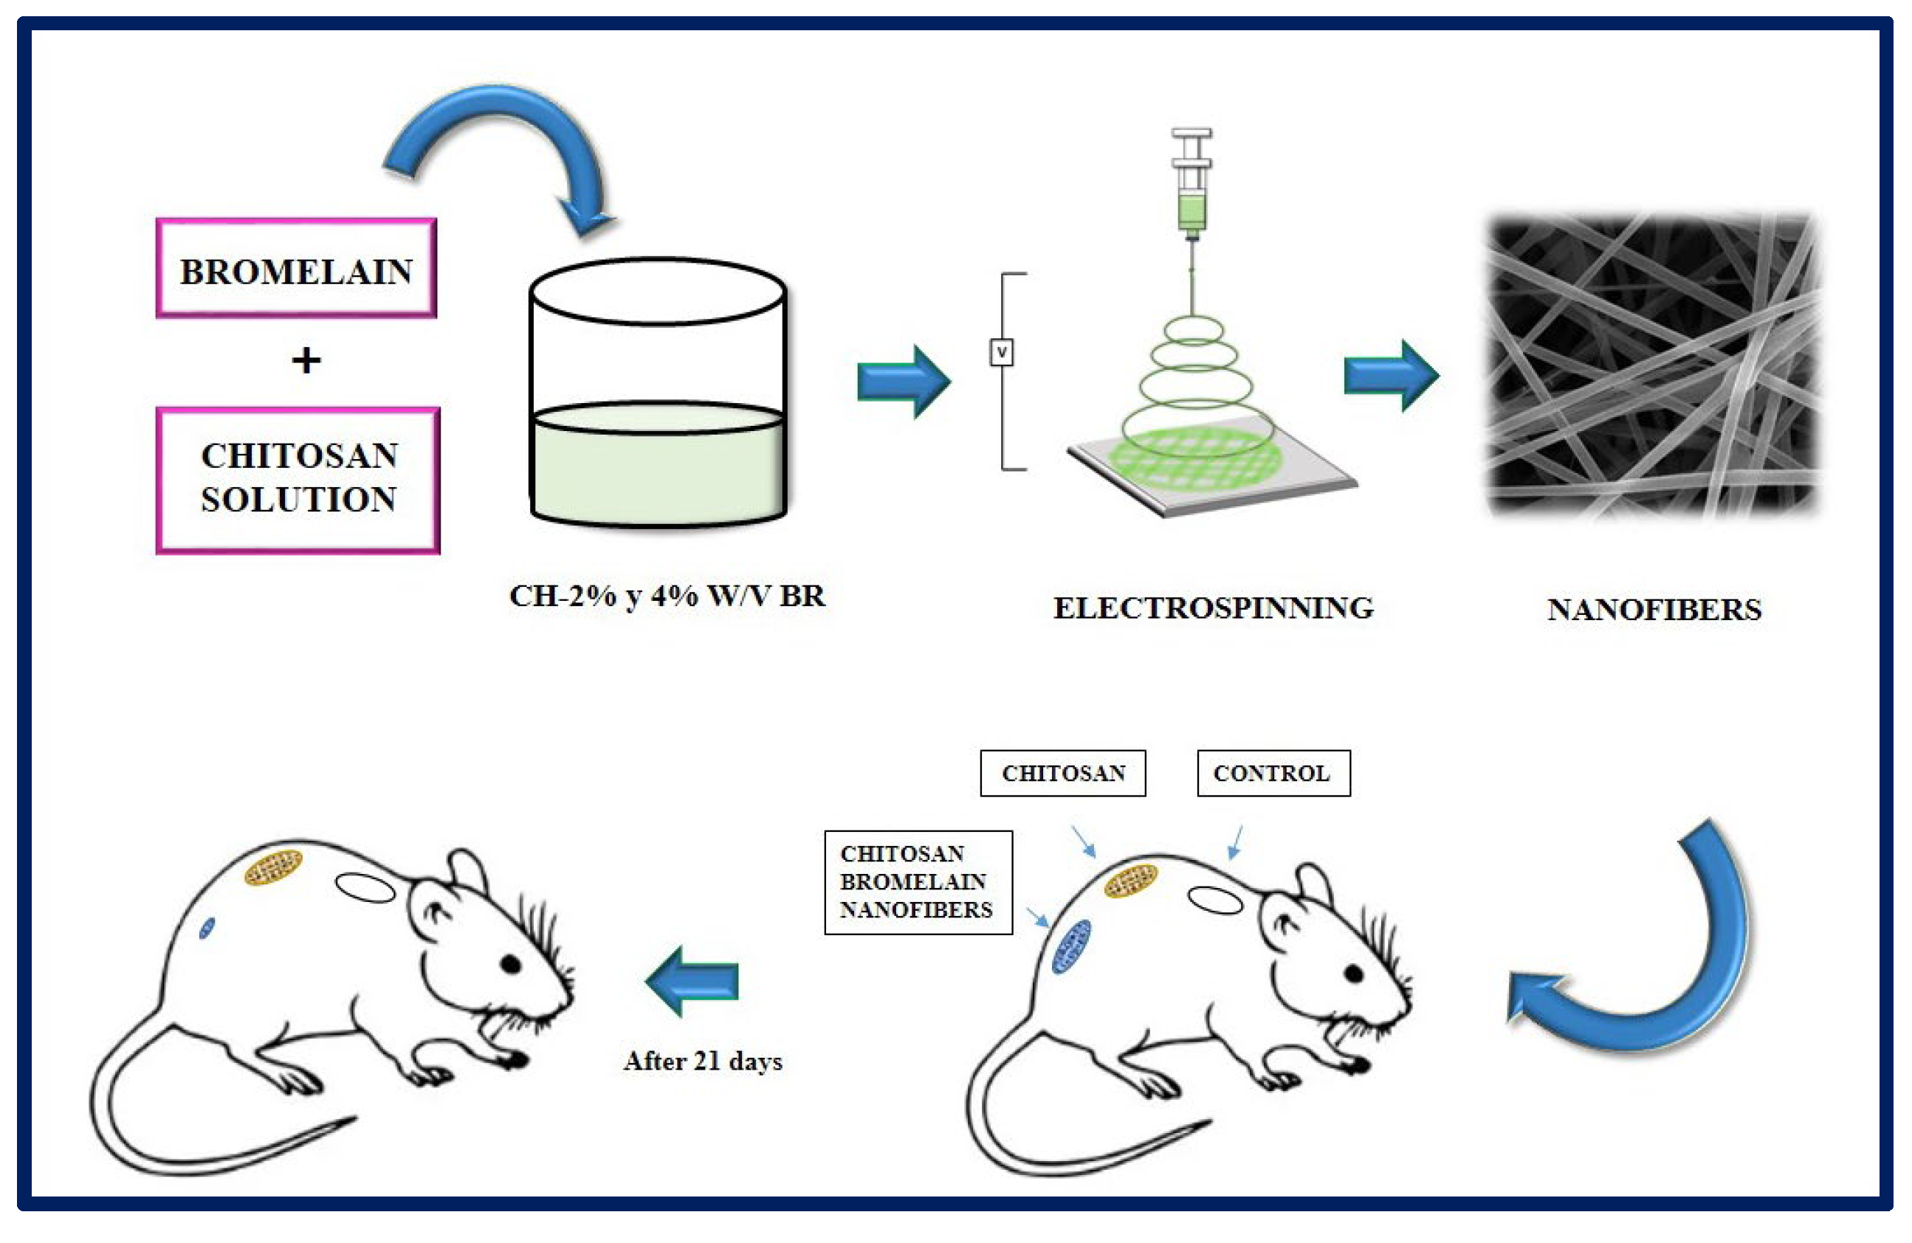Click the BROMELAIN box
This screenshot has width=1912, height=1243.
295,269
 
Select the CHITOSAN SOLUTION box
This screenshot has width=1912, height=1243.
298,480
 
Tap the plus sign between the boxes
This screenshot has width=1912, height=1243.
306,360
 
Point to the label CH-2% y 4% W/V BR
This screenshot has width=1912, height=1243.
667,596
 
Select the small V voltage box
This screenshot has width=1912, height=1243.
1002,352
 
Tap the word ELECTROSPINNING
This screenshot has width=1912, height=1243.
1213,607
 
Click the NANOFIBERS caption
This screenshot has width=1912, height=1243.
1654,609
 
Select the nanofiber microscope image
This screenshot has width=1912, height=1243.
1654,365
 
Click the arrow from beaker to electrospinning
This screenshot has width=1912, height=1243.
903,382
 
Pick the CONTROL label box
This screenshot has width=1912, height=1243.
1273,773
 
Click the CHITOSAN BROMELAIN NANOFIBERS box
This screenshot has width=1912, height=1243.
918,881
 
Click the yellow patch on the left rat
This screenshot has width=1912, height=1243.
273,868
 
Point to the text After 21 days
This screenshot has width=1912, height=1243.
703,1061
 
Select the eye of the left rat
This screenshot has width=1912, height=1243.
512,963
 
